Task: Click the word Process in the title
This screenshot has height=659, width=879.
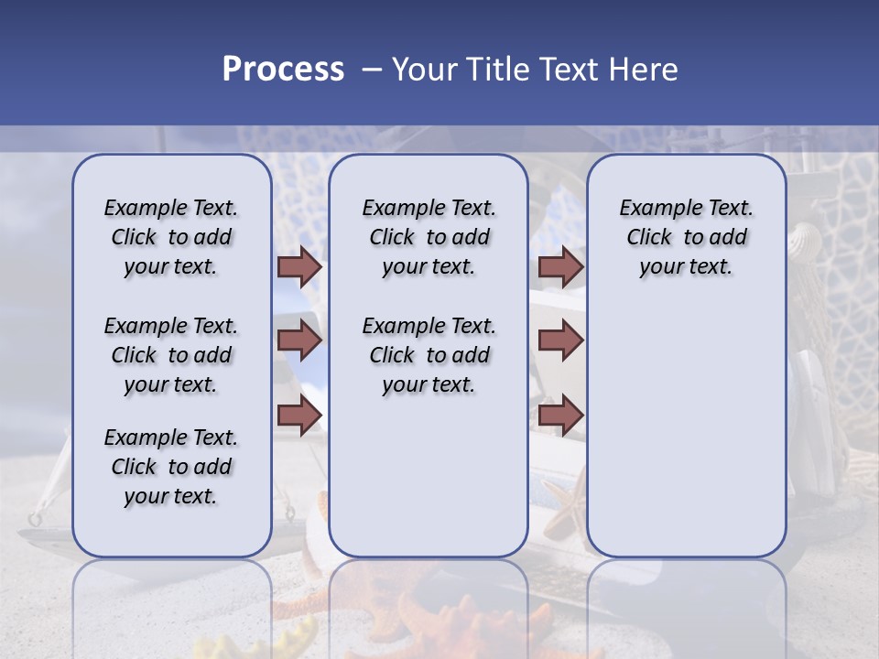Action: pos(283,70)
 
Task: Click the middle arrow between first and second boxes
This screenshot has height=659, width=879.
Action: pos(299,340)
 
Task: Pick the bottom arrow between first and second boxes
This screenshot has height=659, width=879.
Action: pos(299,416)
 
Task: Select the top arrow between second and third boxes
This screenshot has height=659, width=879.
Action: pos(560,266)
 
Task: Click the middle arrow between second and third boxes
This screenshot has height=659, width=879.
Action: pos(560,340)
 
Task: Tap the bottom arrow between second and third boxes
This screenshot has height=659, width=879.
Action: pos(560,416)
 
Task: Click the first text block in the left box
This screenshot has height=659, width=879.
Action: pos(171,237)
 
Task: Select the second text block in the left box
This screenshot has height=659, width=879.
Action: pos(171,355)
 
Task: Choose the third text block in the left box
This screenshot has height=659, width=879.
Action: pos(171,467)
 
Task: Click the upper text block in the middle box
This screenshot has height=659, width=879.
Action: pos(429,237)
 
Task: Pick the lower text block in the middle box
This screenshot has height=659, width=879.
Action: pos(429,355)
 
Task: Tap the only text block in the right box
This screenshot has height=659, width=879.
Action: pos(687,237)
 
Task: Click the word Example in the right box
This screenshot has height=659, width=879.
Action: pos(657,208)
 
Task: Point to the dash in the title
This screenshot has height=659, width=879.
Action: pos(372,70)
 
